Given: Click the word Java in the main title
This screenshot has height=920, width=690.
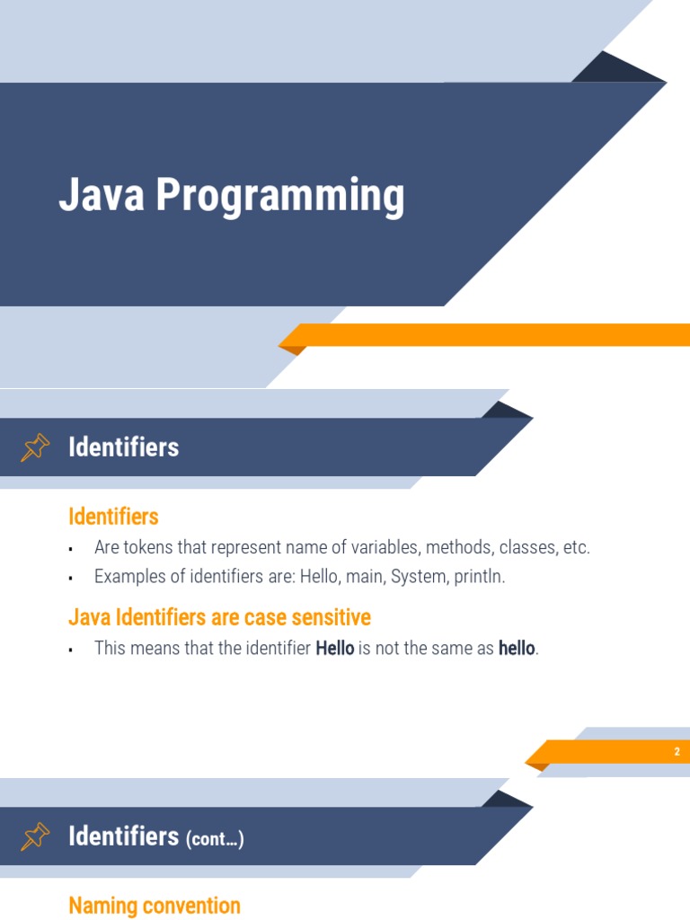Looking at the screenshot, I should coord(102,195).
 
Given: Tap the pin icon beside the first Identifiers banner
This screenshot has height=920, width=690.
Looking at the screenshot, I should coord(35,447).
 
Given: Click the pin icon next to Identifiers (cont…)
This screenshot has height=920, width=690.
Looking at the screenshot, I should coord(35,836).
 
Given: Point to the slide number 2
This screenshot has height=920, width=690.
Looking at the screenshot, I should coord(677,752).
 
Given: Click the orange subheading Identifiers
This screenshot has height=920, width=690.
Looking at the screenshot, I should coord(113,517).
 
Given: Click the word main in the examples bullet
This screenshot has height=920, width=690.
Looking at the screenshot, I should coord(364,577).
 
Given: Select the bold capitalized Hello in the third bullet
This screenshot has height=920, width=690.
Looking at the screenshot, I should coord(334,648).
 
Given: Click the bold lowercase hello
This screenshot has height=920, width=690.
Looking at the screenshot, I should coord(517,648).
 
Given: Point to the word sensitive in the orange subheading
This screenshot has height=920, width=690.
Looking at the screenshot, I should coord(328,618).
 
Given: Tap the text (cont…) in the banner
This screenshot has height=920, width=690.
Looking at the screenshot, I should coord(215,839).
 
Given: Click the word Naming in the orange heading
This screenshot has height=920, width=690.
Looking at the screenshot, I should coord(98,906).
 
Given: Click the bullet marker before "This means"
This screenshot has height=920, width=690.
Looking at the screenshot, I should coord(70,650).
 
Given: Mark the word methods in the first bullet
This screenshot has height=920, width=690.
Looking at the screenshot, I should coord(457,547).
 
